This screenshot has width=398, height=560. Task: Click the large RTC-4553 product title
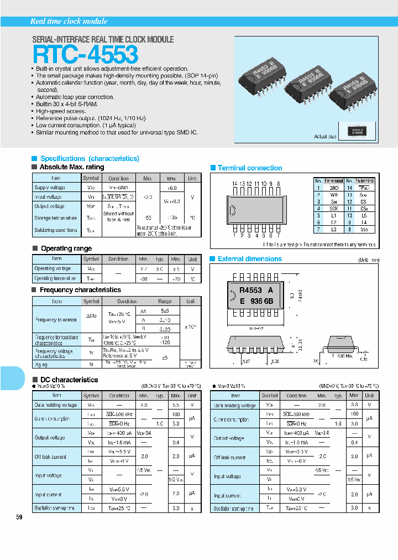[x=85, y=55]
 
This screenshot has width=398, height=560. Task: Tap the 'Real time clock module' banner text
[x=69, y=21]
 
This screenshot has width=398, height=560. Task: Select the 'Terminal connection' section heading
[x=250, y=168]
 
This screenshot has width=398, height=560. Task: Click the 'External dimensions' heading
[x=249, y=259]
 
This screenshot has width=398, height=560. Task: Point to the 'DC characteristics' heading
[x=69, y=380]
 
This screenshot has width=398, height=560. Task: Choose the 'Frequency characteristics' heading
[x=80, y=290]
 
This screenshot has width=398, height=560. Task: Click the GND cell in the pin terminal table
[x=334, y=188]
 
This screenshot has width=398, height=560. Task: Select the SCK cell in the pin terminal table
[x=334, y=209]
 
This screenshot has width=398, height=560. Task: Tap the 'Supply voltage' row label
[x=50, y=188]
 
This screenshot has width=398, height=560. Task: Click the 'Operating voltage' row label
[x=53, y=268]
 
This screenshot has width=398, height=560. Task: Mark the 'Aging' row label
[x=41, y=365]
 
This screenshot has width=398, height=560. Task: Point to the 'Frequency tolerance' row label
[x=56, y=320]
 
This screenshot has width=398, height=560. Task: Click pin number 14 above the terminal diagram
[x=235, y=183]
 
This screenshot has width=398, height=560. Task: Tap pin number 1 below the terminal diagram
[x=235, y=235]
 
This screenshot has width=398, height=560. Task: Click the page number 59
[x=19, y=517]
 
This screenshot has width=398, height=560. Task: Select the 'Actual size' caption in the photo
[x=325, y=136]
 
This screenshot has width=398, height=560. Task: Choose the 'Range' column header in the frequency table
[x=165, y=301]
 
